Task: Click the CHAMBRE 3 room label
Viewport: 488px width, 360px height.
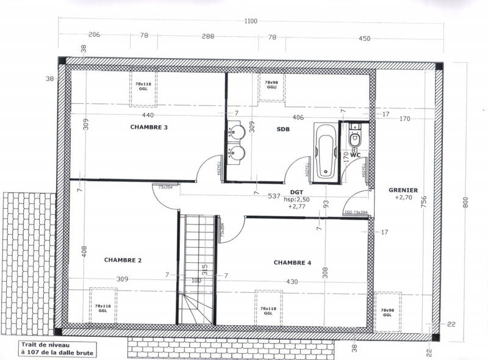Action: click(x=149, y=128)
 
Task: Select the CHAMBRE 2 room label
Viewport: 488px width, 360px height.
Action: click(x=123, y=260)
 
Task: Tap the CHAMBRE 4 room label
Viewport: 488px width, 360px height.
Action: click(x=292, y=263)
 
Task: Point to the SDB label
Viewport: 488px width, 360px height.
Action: click(x=283, y=129)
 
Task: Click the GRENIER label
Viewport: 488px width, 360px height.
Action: click(x=403, y=190)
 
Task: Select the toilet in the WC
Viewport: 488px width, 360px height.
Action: click(x=355, y=139)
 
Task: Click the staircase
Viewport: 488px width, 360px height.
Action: click(x=198, y=268)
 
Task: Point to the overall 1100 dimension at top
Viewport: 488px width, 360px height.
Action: click(x=251, y=21)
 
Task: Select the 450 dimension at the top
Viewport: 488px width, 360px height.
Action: click(x=364, y=39)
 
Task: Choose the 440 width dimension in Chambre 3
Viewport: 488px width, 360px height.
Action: click(x=148, y=115)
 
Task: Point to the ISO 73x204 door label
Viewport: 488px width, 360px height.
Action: click(x=356, y=212)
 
